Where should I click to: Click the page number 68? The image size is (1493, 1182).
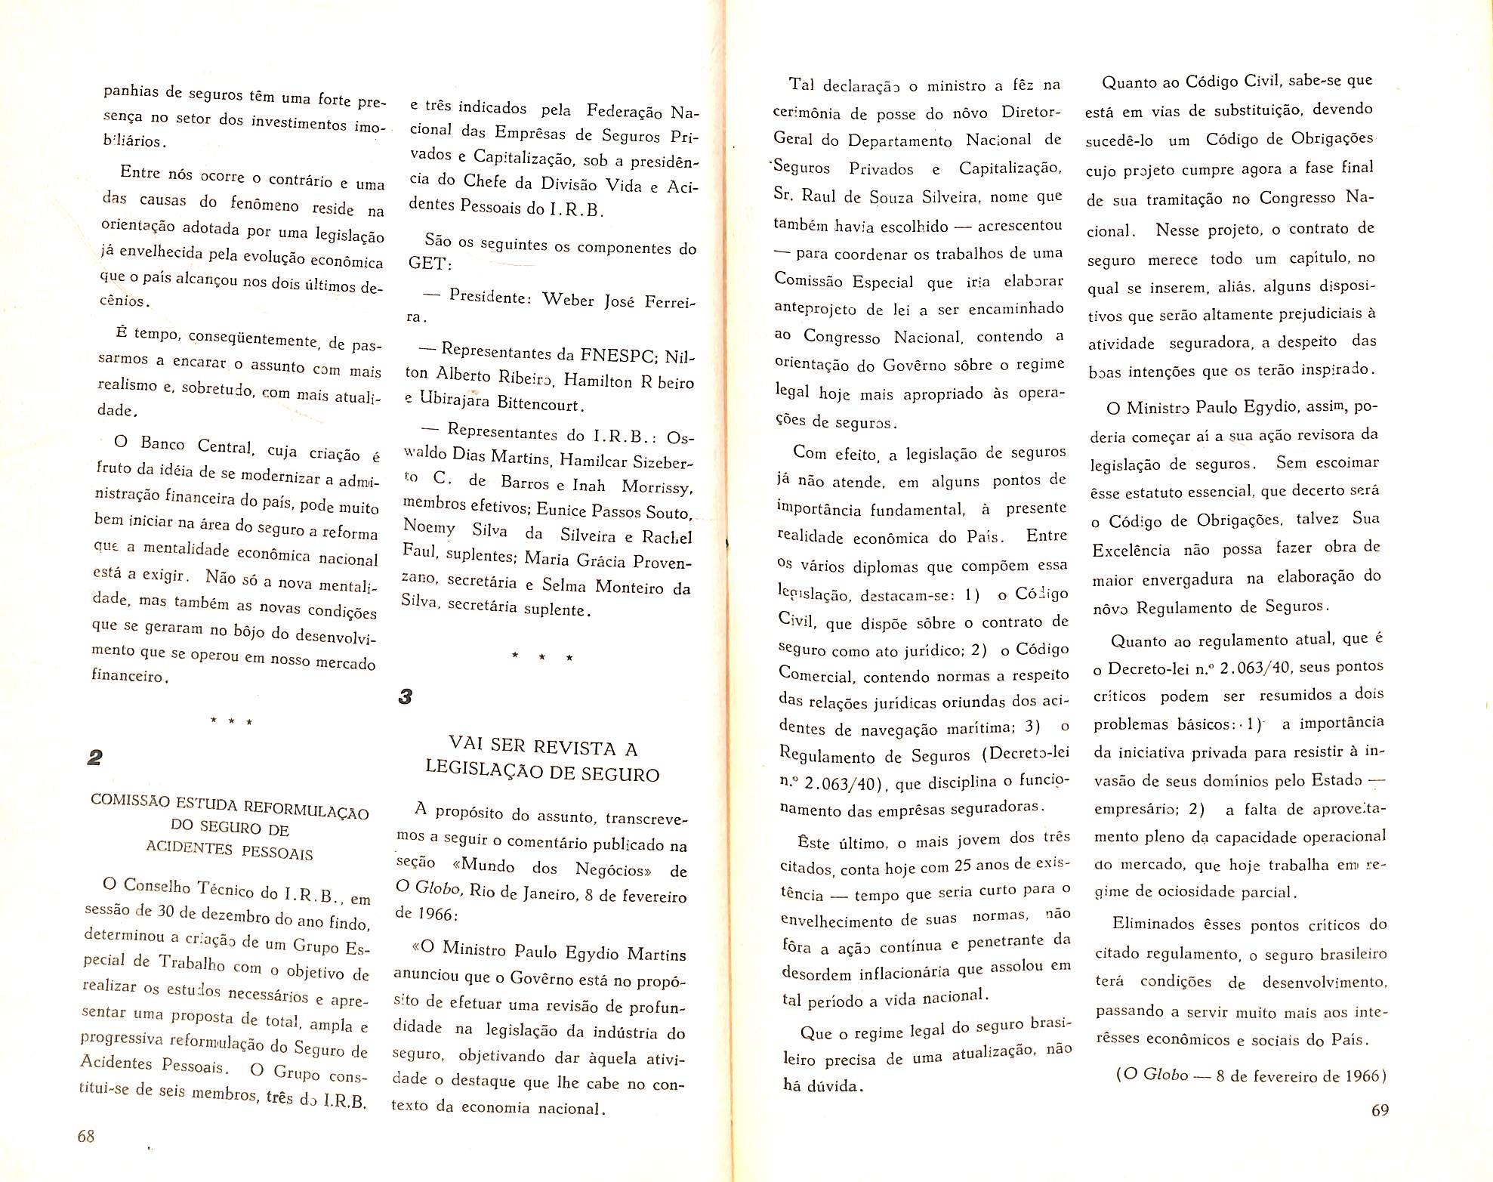[85, 1136]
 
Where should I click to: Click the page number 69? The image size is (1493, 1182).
[1379, 1109]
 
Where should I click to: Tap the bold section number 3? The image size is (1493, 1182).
[405, 696]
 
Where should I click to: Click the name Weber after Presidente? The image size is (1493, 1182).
[569, 299]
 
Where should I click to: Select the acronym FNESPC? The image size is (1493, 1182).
[617, 355]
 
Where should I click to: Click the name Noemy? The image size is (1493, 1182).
[429, 526]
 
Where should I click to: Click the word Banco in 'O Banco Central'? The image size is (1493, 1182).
[162, 444]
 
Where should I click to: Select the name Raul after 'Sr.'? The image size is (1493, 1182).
[818, 195]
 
